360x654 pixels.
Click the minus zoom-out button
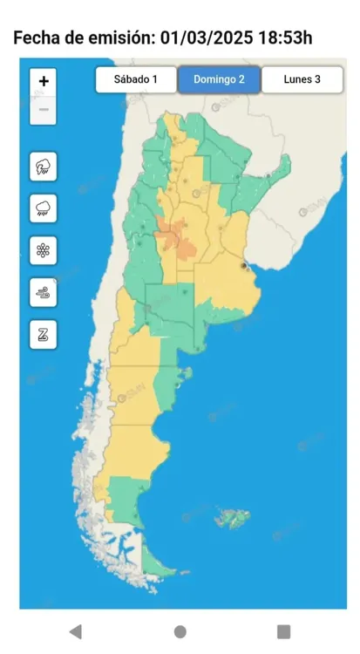point(44,109)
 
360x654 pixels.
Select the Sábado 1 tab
point(136,79)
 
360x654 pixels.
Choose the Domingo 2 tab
point(219,79)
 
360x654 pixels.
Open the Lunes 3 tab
point(302,79)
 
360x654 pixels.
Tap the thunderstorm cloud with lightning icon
point(44,167)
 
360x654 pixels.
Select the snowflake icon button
point(44,250)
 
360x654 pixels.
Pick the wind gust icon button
point(44,292)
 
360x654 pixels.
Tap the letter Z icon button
point(44,334)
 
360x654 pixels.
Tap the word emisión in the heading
point(112,37)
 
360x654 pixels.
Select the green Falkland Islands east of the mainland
point(233,519)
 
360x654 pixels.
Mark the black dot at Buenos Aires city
point(242,265)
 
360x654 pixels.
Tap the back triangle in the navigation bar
point(76,631)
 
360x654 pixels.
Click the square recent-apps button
point(283,631)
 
